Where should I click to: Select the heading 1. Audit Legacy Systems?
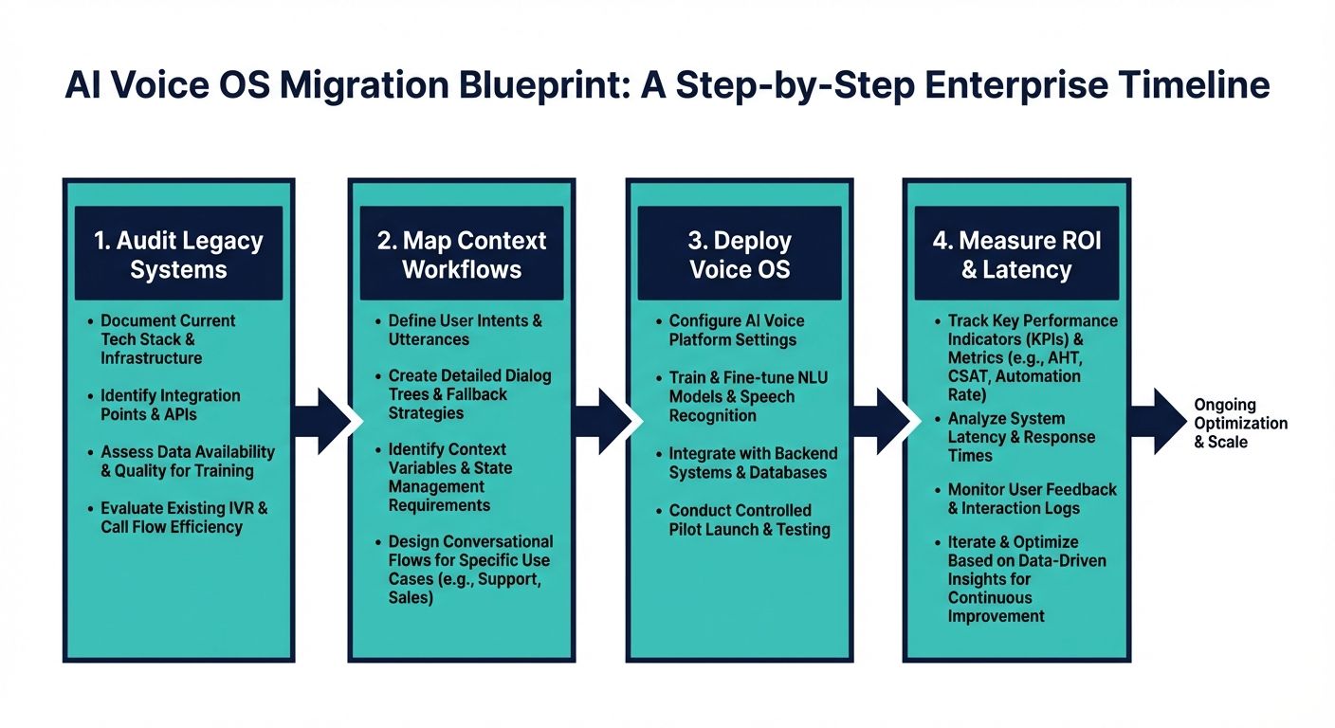click(178, 254)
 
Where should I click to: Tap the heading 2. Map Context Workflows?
click(462, 254)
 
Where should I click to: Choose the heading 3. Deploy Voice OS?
click(740, 254)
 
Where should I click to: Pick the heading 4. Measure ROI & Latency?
click(1016, 254)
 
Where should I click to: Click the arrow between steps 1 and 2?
click(320, 420)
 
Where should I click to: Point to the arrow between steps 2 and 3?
click(601, 420)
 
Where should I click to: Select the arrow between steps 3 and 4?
click(878, 420)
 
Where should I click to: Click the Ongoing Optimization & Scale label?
click(1240, 423)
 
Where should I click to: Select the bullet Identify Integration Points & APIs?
click(171, 405)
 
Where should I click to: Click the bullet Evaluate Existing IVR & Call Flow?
click(184, 517)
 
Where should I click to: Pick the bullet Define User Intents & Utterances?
click(465, 330)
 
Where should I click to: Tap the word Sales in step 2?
click(411, 598)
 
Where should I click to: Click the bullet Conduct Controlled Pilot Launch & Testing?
click(749, 519)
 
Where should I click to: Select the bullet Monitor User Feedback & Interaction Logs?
click(1032, 499)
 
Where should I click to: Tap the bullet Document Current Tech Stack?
click(168, 338)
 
